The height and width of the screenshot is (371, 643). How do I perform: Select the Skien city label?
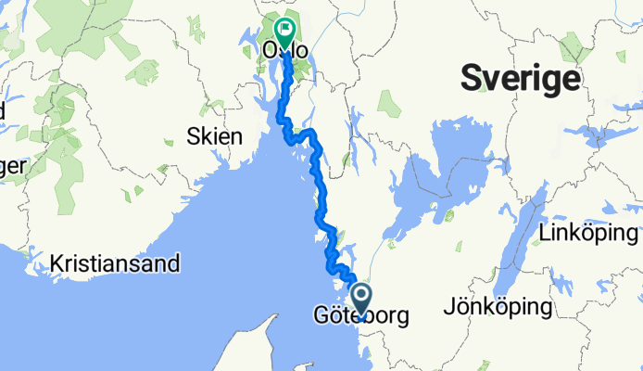point(214,137)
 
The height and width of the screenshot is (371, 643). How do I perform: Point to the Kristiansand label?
point(116,263)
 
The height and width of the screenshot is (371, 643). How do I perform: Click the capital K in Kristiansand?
point(58,263)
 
